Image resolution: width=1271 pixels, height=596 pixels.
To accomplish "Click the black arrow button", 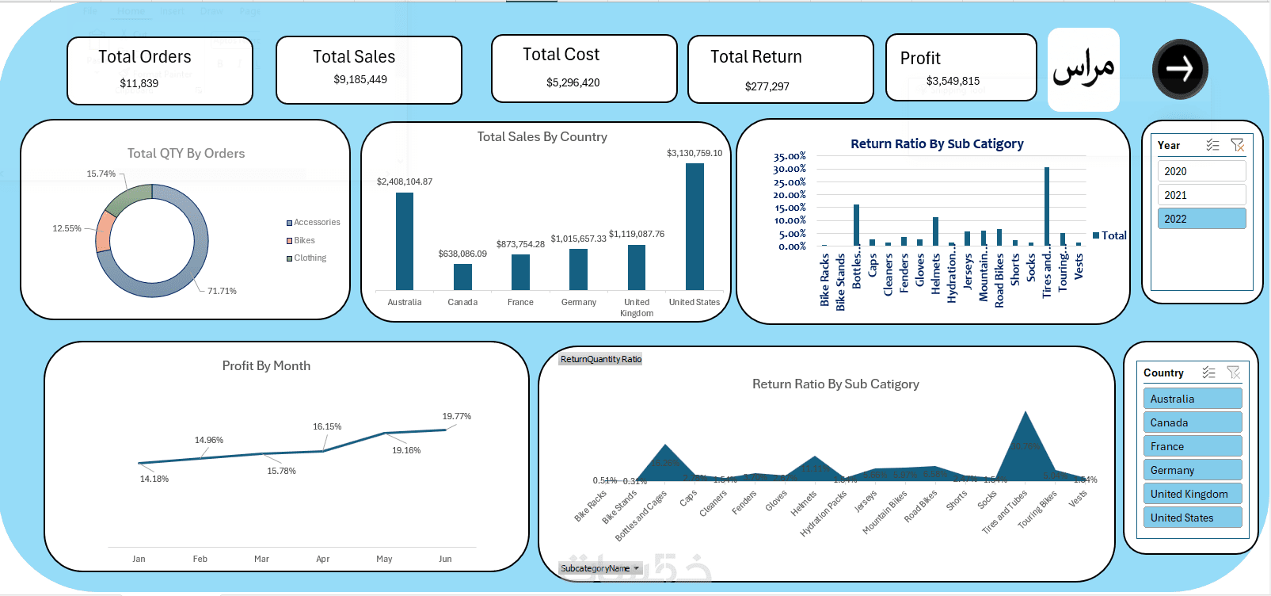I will click(1180, 70).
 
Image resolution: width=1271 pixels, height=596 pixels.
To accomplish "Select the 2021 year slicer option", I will click(1201, 195).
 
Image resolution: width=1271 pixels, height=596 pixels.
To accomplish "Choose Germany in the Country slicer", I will click(1192, 470).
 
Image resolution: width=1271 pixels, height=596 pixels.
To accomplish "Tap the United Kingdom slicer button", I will click(1192, 494).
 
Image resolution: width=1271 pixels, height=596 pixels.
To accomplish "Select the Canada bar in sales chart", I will click(462, 277).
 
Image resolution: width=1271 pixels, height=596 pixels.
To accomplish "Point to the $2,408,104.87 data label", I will click(405, 181).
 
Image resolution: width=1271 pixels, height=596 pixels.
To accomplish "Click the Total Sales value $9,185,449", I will click(360, 79).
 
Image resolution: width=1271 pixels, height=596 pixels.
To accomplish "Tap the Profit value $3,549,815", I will click(953, 81).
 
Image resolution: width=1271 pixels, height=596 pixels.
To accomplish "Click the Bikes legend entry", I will click(304, 240).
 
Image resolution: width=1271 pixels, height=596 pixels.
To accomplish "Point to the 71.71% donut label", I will click(222, 291).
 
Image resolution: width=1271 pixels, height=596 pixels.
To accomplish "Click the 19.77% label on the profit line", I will click(456, 416).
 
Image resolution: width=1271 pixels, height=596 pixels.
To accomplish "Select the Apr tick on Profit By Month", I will click(322, 559).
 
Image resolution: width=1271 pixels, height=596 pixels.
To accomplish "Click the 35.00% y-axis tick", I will click(790, 156).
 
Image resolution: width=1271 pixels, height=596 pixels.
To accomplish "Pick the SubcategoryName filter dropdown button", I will click(636, 568).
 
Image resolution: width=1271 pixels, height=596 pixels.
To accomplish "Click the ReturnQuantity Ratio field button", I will click(600, 359).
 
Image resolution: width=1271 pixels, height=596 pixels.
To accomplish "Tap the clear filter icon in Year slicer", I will click(1237, 145).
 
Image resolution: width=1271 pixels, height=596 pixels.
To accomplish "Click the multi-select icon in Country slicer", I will click(1208, 372).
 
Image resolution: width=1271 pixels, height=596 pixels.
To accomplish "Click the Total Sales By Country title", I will click(542, 137).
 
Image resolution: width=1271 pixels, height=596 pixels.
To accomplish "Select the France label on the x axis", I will click(520, 302).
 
